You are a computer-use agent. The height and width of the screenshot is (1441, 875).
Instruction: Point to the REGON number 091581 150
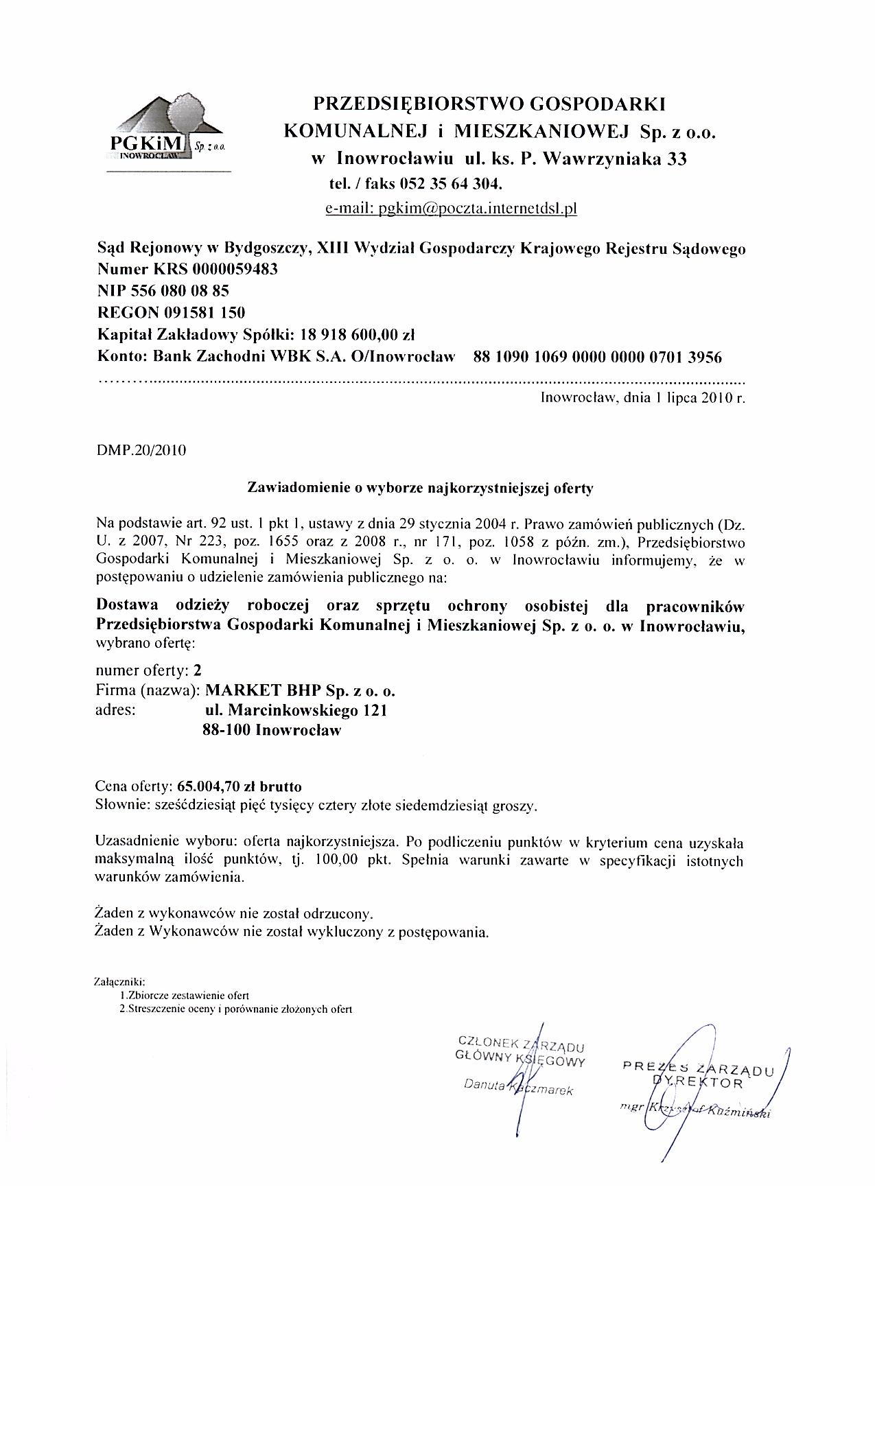(204, 313)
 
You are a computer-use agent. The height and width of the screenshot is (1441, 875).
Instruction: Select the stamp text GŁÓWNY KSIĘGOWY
(519, 1057)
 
